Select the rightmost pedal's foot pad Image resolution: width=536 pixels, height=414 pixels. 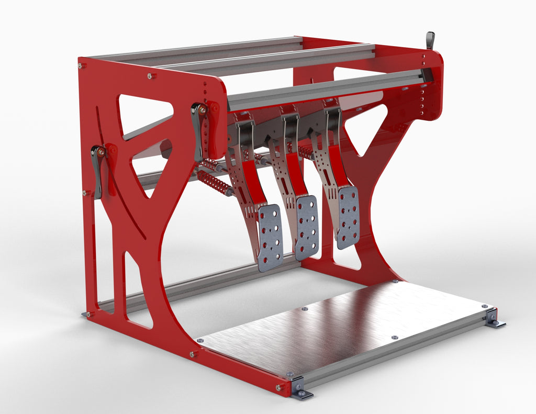[x=348, y=217]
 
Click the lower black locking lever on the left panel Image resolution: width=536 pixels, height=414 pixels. [x=97, y=171]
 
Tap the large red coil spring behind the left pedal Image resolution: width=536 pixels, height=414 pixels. [x=214, y=184]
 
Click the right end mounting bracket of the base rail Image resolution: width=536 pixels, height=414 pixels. [x=494, y=318]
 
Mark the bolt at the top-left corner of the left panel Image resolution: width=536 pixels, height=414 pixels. [x=82, y=66]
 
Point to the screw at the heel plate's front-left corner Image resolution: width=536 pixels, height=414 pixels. [x=200, y=340]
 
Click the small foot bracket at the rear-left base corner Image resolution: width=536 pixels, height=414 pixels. [x=86, y=315]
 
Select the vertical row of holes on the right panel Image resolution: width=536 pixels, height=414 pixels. [x=423, y=84]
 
